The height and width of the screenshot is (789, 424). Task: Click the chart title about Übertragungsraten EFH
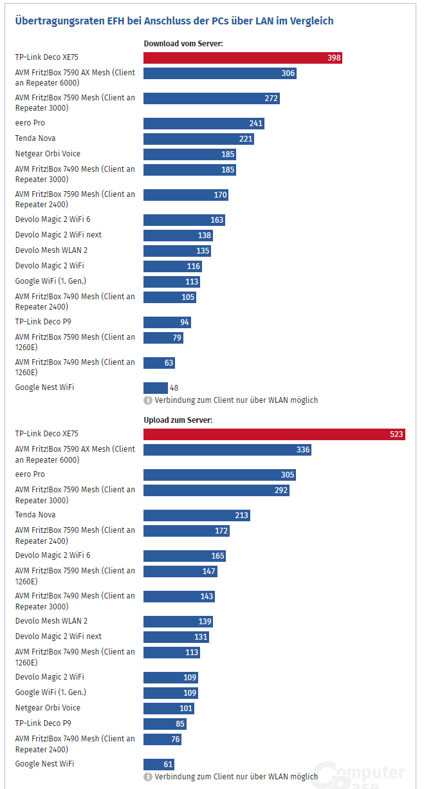click(x=174, y=21)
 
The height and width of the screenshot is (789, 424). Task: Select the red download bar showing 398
click(x=243, y=58)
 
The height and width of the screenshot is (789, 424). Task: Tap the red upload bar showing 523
click(x=274, y=434)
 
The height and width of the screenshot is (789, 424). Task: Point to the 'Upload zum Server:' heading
click(x=178, y=420)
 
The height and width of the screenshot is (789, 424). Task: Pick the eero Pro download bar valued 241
click(x=203, y=124)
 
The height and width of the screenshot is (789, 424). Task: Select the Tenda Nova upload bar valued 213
click(x=196, y=515)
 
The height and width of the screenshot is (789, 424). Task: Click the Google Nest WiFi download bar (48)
click(x=156, y=388)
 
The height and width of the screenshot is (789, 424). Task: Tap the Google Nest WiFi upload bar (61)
click(x=159, y=765)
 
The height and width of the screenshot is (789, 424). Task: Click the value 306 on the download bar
click(x=288, y=73)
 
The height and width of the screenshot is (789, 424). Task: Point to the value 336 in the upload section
click(x=303, y=450)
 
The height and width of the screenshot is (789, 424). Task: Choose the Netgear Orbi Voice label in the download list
click(x=48, y=154)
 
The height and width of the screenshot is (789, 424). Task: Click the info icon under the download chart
click(x=147, y=400)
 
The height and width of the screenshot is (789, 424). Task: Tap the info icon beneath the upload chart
click(x=147, y=777)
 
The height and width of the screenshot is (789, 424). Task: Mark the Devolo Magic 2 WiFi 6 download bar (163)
click(x=184, y=220)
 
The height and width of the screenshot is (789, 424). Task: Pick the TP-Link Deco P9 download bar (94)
click(x=167, y=322)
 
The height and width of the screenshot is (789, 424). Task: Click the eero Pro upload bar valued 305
click(x=219, y=475)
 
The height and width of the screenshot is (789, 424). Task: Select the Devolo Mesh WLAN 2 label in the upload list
click(x=51, y=621)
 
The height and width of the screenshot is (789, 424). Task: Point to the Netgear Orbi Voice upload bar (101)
click(x=169, y=709)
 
